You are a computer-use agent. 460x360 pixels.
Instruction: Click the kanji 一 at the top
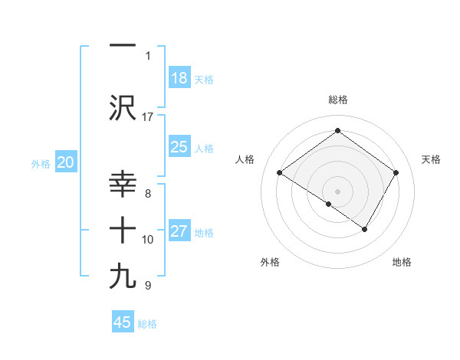point(123,45)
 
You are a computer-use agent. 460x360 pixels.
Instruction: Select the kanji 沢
point(123,108)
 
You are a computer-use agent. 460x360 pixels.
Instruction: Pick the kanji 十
point(123,231)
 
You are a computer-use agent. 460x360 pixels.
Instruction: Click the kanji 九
point(123,277)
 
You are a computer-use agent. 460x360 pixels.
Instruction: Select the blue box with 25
point(179,148)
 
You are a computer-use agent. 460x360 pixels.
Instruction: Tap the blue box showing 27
point(179,232)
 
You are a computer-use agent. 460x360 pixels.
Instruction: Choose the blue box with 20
point(66,162)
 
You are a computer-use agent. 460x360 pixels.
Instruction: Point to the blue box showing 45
point(123,322)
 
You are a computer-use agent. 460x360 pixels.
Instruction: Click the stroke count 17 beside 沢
point(148,116)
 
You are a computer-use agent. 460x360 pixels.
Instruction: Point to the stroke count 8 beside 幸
point(148,194)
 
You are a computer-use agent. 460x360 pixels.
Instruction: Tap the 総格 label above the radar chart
point(337,100)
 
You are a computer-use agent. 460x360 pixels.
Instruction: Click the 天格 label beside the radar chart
point(431,159)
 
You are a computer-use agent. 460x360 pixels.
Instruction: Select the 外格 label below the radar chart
point(270,262)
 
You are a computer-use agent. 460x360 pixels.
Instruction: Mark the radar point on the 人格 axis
point(280,173)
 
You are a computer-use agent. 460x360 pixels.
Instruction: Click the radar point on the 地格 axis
point(365,229)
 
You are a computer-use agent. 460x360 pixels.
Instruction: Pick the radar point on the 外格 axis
point(329,204)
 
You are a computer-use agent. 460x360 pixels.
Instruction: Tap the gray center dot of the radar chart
point(337,191)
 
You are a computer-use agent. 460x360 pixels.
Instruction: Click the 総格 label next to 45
point(147,324)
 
